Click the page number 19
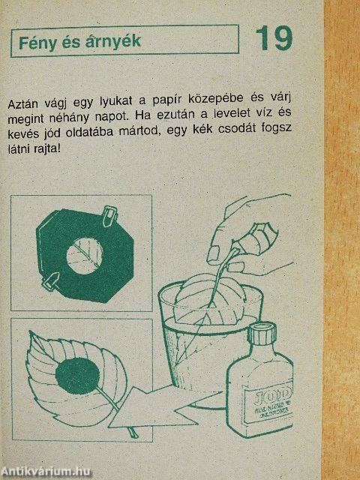coord(274,38)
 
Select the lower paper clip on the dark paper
coord(52,280)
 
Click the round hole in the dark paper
coord(85,256)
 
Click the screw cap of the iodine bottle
coord(262,334)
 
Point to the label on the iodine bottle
coord(268,403)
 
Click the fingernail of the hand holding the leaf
coord(213,255)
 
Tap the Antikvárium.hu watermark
coord(45,472)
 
